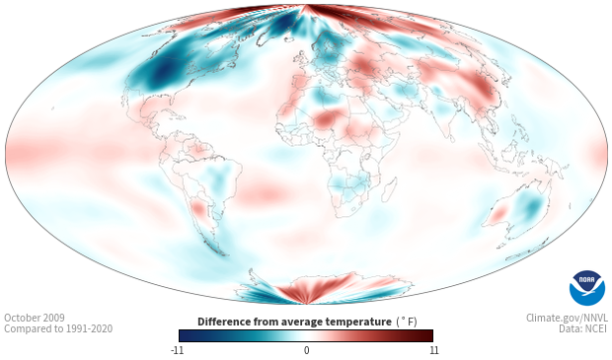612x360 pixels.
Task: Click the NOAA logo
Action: point(587,288)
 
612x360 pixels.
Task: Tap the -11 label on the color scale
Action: point(177,350)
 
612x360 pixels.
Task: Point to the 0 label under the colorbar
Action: point(306,350)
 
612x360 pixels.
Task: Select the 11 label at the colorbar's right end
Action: point(434,350)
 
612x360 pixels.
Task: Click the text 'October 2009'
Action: point(35,318)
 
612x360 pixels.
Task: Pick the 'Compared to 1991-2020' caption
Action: point(58,328)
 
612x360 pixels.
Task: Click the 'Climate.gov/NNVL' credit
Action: point(567,318)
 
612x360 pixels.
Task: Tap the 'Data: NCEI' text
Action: point(583,328)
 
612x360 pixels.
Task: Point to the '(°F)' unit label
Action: point(407,323)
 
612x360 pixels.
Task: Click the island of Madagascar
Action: point(389,189)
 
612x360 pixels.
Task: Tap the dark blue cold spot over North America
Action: point(162,72)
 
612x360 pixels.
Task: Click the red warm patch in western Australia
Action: point(497,214)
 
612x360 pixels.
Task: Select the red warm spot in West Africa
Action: point(324,119)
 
